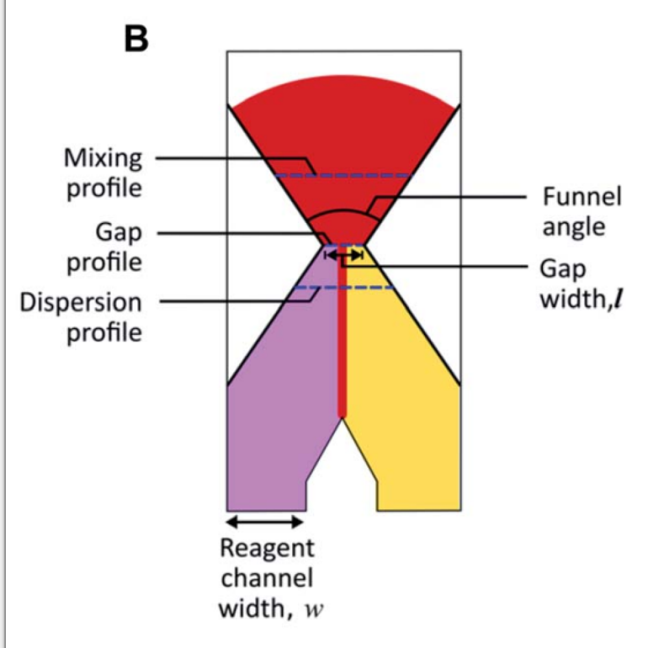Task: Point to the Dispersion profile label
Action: coord(80,318)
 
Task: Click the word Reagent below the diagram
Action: coord(267,548)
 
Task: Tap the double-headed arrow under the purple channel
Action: coord(266,521)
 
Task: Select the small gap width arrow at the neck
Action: coord(343,255)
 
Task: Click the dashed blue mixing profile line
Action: coord(343,176)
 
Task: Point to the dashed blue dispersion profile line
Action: coord(343,287)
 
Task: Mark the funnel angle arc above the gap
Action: coord(343,214)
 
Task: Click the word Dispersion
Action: coord(80,303)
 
